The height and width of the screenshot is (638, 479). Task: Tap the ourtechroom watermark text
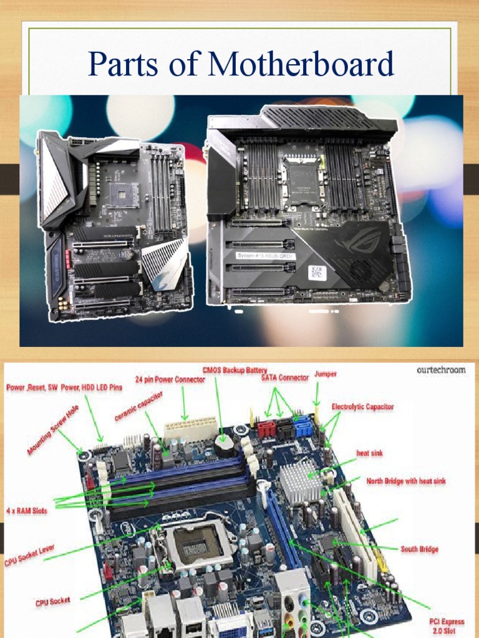click(x=441, y=369)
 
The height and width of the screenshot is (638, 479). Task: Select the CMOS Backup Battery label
click(x=235, y=371)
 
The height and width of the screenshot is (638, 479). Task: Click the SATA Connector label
click(x=284, y=378)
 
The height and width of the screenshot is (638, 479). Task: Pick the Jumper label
click(x=326, y=374)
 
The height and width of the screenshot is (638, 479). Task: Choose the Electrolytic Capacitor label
click(x=362, y=406)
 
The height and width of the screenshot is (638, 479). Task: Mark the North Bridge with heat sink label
click(x=406, y=482)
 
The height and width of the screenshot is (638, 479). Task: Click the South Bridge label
click(x=419, y=549)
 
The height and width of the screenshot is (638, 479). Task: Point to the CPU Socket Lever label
click(x=29, y=554)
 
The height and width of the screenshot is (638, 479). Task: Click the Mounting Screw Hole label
click(x=53, y=430)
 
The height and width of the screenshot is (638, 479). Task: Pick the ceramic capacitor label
click(x=138, y=406)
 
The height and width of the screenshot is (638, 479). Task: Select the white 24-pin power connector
click(x=190, y=429)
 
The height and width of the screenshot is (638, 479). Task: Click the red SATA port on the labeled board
click(x=266, y=429)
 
